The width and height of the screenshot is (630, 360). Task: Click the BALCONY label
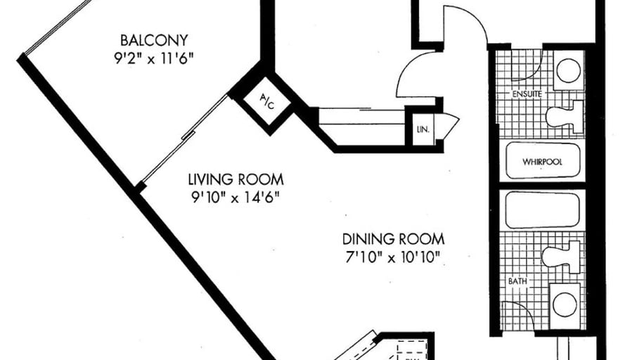[154, 40]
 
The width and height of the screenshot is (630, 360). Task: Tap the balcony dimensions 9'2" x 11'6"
[154, 59]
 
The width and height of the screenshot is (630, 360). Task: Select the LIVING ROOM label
[236, 179]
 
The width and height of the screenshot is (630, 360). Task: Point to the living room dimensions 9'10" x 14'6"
[236, 198]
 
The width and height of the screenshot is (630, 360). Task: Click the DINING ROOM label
[393, 239]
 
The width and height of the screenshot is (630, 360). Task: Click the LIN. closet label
[423, 130]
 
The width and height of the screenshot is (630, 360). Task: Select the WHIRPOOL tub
[543, 161]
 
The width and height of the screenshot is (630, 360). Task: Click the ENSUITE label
[527, 94]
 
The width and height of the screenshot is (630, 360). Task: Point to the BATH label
[517, 281]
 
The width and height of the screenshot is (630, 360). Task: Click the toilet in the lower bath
[561, 257]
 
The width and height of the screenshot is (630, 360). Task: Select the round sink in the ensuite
[569, 71]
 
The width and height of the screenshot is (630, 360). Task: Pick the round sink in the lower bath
[565, 305]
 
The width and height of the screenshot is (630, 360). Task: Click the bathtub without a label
[543, 210]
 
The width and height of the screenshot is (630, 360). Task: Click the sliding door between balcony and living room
[185, 139]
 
